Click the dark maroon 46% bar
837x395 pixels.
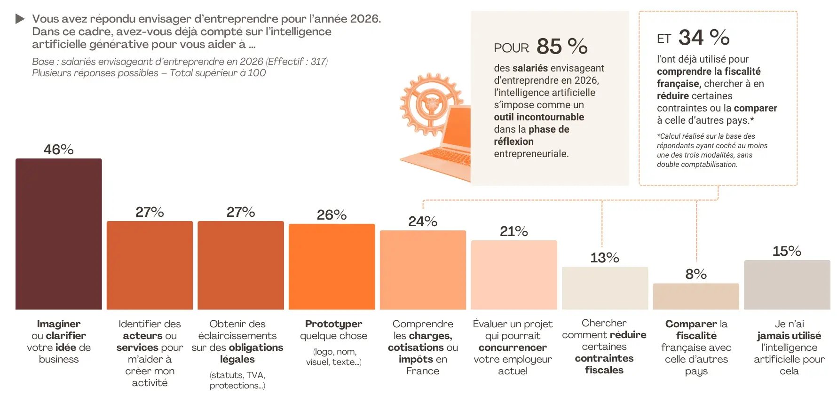pyautogui.click(x=58, y=234)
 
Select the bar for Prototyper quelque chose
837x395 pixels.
pyautogui.click(x=332, y=266)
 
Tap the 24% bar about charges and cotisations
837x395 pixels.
pyautogui.click(x=423, y=269)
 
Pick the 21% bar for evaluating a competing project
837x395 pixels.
pyautogui.click(x=514, y=275)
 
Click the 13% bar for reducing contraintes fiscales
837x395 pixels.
pyautogui.click(x=605, y=288)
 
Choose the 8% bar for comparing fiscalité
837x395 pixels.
pyautogui.click(x=696, y=296)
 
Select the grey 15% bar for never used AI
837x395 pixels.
pyautogui.click(x=787, y=284)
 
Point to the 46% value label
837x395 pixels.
pyautogui.click(x=58, y=150)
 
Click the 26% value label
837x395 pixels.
pyautogui.click(x=332, y=215)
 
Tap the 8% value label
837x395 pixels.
pyautogui.click(x=696, y=274)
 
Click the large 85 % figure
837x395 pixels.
pyautogui.click(x=562, y=47)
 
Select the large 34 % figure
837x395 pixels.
pyautogui.click(x=704, y=38)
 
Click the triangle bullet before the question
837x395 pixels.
pyautogui.click(x=20, y=19)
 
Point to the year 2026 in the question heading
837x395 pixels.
pyautogui.click(x=364, y=19)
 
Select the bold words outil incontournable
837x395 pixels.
pyautogui.click(x=539, y=117)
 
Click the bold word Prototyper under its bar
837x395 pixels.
pyautogui.click(x=333, y=324)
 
